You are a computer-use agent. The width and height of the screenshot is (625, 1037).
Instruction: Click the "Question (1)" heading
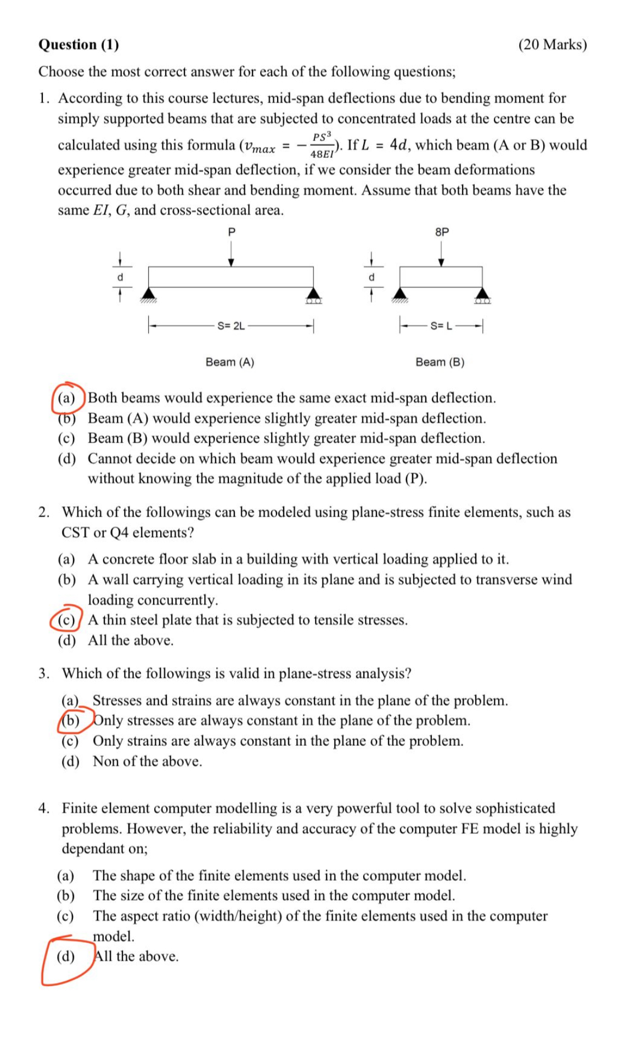click(78, 44)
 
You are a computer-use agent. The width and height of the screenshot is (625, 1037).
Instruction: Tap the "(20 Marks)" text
click(552, 44)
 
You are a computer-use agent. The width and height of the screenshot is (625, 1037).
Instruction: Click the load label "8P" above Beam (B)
click(442, 232)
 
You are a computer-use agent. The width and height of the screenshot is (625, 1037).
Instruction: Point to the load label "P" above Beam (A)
click(231, 232)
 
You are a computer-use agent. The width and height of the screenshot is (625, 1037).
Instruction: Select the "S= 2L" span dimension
click(231, 326)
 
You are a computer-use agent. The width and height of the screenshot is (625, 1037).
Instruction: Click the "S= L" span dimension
click(441, 326)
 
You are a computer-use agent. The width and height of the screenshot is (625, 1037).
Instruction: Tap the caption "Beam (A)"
click(229, 362)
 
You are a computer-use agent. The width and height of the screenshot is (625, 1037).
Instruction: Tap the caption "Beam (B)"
click(440, 362)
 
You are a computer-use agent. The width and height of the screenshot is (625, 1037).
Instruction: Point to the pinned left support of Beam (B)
click(400, 294)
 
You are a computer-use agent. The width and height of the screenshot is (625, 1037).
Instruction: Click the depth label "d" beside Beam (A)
click(120, 277)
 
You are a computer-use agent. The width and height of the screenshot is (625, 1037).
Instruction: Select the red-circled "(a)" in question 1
click(67, 398)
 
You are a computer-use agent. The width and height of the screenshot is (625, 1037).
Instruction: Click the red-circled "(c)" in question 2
click(67, 620)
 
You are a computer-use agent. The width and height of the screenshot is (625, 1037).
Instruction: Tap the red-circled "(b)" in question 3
click(70, 720)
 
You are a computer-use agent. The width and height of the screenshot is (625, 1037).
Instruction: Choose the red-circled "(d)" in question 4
click(66, 956)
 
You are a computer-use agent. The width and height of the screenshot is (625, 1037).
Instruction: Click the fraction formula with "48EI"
click(322, 145)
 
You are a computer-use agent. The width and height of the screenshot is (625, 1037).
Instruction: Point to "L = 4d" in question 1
click(384, 145)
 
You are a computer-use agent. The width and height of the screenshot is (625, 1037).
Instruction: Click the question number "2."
click(44, 512)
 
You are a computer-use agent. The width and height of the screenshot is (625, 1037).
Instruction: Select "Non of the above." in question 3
click(147, 761)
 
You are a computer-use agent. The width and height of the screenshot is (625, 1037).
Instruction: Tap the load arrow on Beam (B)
click(441, 255)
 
